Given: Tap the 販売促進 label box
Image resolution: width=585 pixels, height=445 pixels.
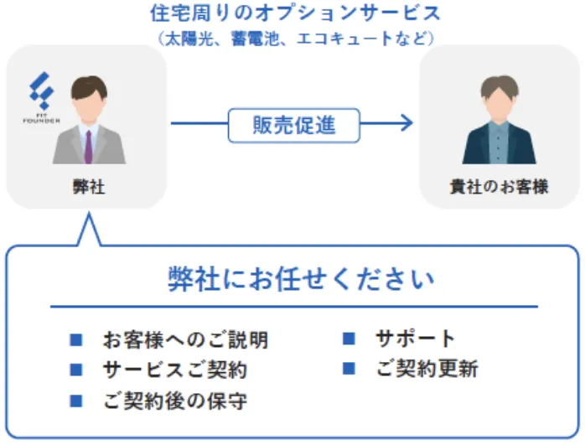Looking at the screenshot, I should (x=294, y=125).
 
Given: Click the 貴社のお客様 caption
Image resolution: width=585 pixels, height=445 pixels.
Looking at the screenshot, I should (x=499, y=186).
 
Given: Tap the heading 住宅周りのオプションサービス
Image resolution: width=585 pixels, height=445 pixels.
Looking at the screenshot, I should (x=295, y=13).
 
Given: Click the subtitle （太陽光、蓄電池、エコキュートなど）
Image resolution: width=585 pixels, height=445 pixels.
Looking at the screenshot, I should (x=295, y=38).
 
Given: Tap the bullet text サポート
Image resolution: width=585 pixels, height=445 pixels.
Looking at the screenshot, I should (x=416, y=339).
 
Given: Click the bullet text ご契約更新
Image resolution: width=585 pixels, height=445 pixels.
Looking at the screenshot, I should (x=427, y=369).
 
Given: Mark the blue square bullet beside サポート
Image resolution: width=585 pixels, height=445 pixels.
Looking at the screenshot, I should (x=349, y=339).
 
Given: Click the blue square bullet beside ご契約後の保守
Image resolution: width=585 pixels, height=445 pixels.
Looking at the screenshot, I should (x=76, y=400).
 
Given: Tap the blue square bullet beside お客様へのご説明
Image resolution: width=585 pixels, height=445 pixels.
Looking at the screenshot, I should (x=76, y=340).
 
